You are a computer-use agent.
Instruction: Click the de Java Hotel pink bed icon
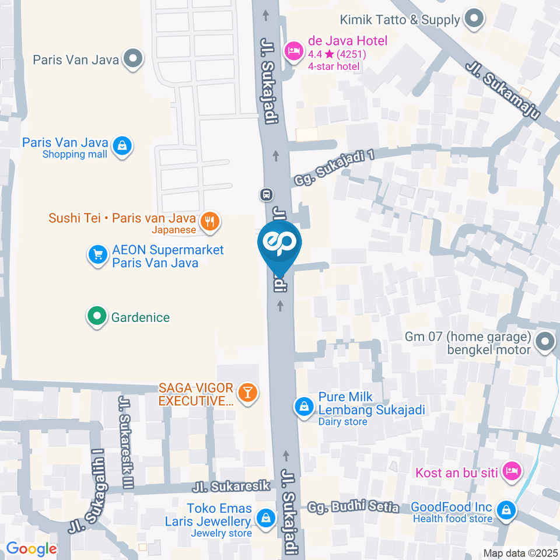tap(292, 51)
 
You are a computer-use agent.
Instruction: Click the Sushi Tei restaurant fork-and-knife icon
tap(209, 220)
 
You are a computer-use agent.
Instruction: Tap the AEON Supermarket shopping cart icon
tap(97, 255)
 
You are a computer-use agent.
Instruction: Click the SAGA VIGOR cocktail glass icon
tap(247, 393)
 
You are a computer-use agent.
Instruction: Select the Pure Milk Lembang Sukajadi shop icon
tap(304, 407)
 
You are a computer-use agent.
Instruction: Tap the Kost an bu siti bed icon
tap(512, 471)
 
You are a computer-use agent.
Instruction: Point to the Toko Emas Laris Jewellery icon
tap(266, 517)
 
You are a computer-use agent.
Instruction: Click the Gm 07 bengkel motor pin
tap(545, 342)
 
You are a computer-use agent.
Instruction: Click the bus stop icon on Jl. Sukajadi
tap(267, 194)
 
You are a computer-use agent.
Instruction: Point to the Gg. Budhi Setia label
tap(353, 506)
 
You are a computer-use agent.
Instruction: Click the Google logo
tap(31, 548)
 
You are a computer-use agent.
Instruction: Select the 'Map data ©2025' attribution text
tap(520, 553)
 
